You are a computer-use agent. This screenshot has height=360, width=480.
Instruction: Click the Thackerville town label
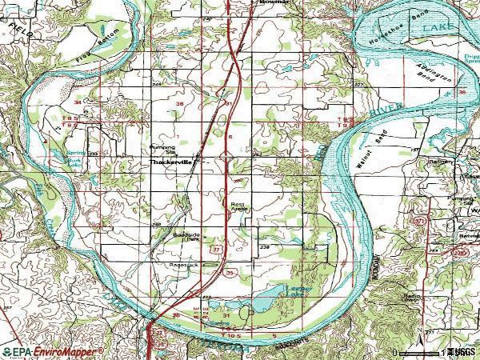click(x=173, y=162)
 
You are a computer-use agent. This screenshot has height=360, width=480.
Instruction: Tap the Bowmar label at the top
click(x=274, y=3)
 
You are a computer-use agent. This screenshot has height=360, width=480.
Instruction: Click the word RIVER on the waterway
click(x=386, y=110)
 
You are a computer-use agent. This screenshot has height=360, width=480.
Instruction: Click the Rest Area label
click(x=238, y=207)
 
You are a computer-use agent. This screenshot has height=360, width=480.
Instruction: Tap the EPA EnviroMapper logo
click(x=52, y=352)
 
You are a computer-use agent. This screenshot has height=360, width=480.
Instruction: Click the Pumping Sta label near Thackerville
click(x=162, y=149)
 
